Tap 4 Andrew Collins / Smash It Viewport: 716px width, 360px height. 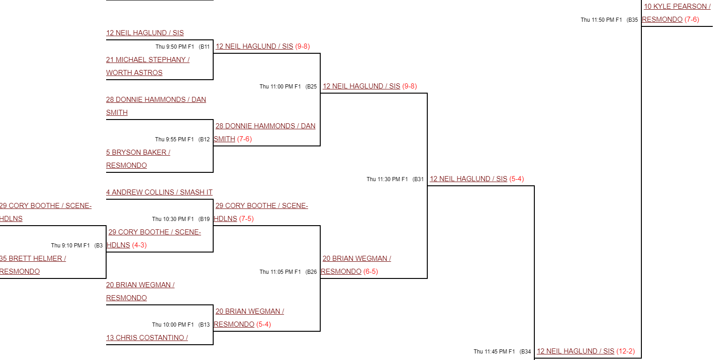click(x=159, y=192)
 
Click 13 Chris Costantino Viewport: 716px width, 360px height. click(x=147, y=338)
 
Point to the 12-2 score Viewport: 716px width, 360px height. click(x=626, y=351)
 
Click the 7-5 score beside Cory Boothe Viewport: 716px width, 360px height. click(x=247, y=219)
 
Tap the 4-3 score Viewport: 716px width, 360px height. click(x=139, y=245)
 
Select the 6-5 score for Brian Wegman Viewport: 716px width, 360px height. click(x=371, y=272)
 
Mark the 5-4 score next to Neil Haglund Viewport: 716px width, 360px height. click(x=517, y=179)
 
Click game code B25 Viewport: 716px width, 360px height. click(x=311, y=87)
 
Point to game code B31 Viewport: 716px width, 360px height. click(x=418, y=179)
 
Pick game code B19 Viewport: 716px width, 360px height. click(x=204, y=219)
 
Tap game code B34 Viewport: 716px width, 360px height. click(x=526, y=352)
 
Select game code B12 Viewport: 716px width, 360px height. click(x=204, y=139)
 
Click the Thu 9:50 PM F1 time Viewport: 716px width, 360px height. click(x=175, y=47)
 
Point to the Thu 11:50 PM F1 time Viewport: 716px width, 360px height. click(x=601, y=20)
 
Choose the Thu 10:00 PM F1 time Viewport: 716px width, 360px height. click(x=173, y=325)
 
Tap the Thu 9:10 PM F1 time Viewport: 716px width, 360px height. click(x=70, y=246)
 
